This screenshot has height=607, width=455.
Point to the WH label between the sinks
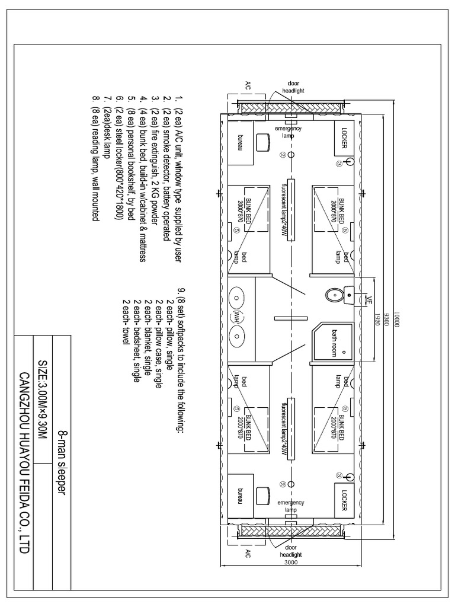[x=238, y=315]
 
